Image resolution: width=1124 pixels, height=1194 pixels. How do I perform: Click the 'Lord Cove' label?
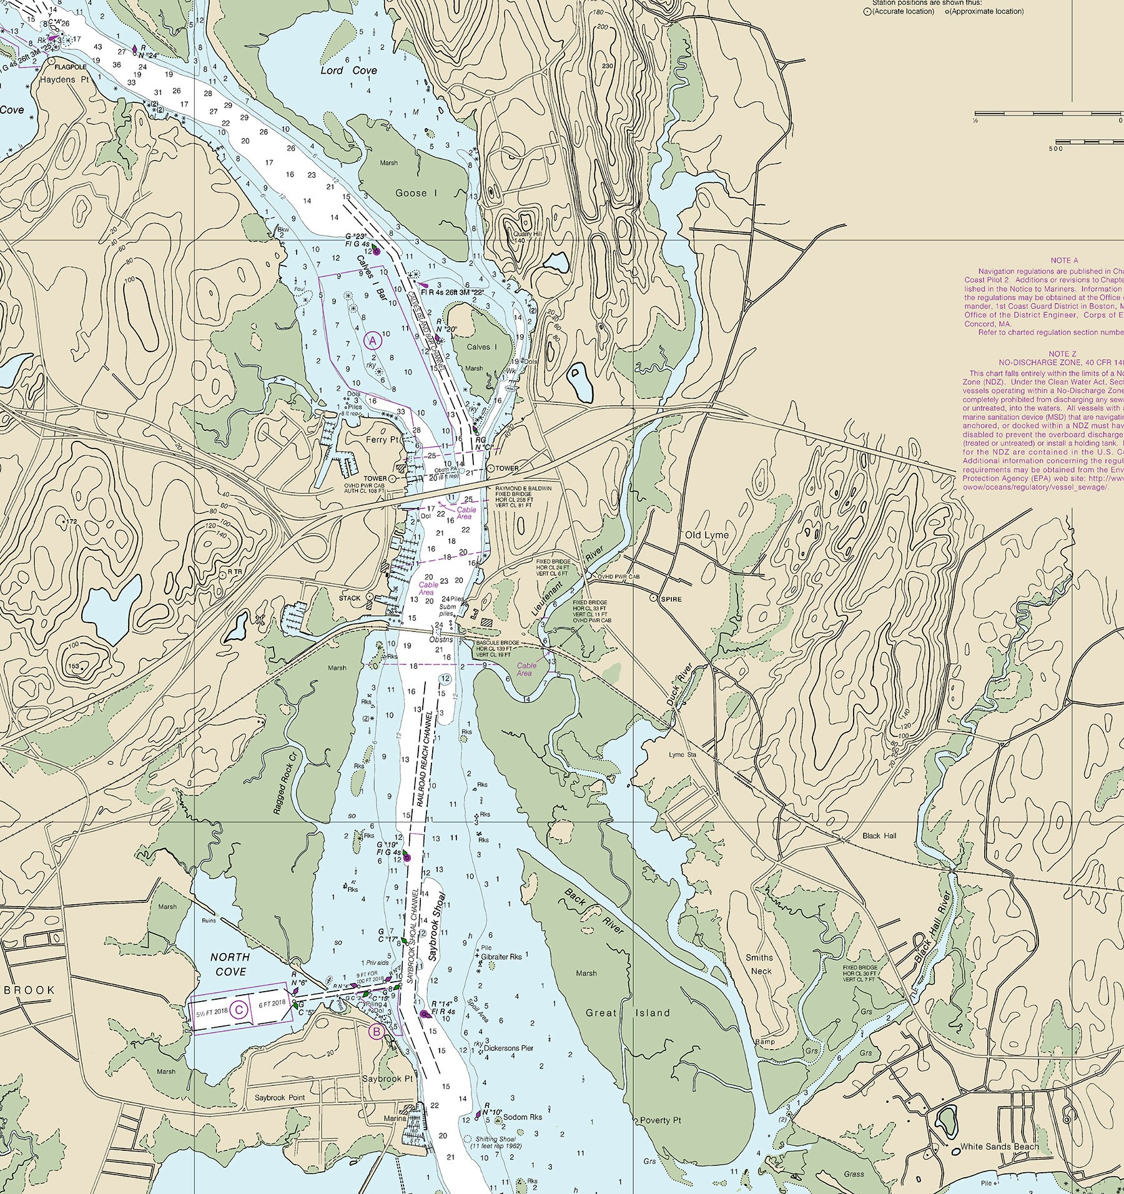point(348,71)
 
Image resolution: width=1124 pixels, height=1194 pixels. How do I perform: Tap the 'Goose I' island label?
point(416,193)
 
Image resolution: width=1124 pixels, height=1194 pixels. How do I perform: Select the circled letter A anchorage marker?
point(372,340)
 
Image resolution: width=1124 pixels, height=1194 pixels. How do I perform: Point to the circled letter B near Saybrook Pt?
point(377,1032)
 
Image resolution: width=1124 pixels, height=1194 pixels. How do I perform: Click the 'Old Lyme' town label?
point(707,535)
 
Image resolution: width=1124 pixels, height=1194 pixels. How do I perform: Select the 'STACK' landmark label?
point(350,598)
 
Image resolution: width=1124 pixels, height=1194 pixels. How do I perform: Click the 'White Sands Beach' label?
point(999,1147)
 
